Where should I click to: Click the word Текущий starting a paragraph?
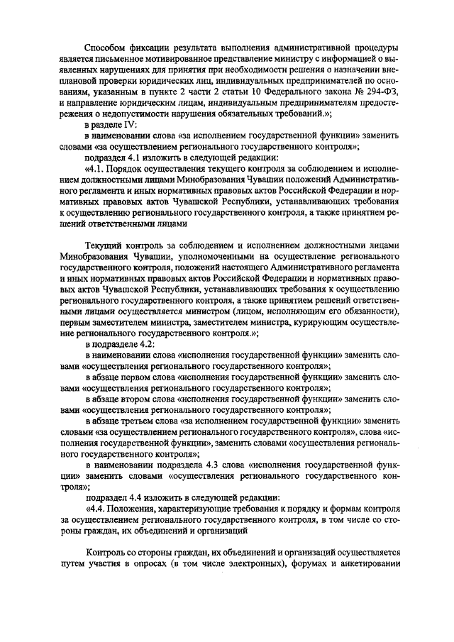(103, 245)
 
